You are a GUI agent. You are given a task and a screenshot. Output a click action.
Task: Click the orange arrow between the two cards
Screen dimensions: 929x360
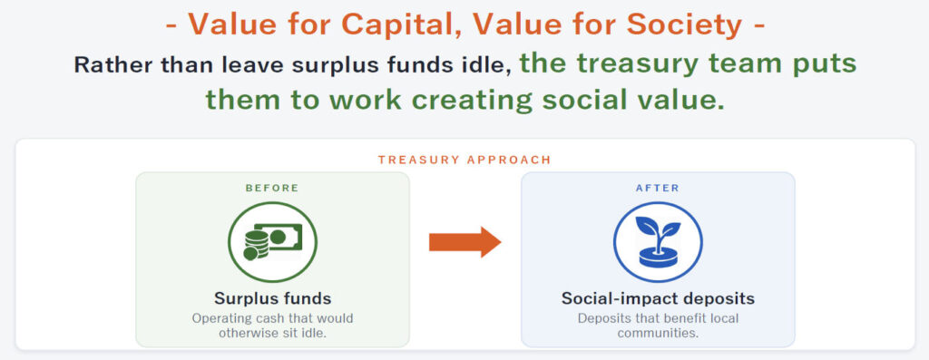pyautogui.click(x=465, y=241)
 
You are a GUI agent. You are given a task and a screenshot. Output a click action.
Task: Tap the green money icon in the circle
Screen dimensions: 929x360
pyautogui.click(x=272, y=241)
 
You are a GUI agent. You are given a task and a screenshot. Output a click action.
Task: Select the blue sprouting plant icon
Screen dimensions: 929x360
pyautogui.click(x=658, y=241)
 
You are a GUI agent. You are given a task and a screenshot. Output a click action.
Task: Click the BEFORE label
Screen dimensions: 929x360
pyautogui.click(x=272, y=189)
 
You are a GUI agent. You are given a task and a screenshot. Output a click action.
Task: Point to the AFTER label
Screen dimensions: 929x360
pyautogui.click(x=658, y=189)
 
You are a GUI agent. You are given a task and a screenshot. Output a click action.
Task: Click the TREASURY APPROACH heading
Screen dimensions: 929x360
pyautogui.click(x=464, y=160)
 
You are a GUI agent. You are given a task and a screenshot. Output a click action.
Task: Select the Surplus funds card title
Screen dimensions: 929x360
pyautogui.click(x=272, y=297)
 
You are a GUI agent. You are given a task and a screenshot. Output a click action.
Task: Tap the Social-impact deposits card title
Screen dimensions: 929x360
pyautogui.click(x=658, y=298)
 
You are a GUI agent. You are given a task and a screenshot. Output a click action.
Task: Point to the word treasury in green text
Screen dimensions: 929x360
pyautogui.click(x=624, y=64)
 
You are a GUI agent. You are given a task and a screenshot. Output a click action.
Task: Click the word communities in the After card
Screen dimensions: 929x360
pyautogui.click(x=658, y=333)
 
